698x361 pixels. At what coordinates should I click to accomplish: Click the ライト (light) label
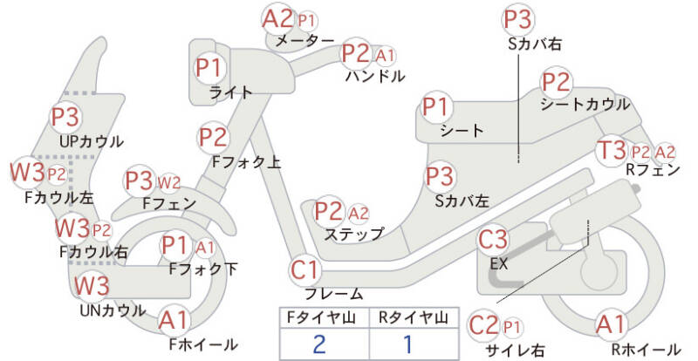230,92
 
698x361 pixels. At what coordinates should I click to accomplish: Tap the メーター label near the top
305,41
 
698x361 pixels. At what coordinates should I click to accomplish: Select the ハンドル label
375,76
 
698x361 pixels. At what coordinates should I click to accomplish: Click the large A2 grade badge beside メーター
277,19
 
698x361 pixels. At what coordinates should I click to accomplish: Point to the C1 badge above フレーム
305,269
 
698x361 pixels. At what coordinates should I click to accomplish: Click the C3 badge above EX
493,240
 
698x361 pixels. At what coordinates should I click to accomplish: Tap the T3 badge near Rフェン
612,150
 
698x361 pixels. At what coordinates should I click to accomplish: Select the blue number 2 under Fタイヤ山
319,344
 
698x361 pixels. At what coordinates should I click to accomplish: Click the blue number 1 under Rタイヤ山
407,344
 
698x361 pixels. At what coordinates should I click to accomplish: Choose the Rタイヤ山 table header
413,317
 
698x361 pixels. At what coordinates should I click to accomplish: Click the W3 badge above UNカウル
92,285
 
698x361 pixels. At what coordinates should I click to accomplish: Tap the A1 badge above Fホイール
174,321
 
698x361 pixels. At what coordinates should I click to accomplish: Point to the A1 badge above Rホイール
612,324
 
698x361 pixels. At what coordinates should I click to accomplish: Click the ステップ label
354,234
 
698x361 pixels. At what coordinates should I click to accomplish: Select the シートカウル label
585,104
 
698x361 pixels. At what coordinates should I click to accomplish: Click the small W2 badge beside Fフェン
169,182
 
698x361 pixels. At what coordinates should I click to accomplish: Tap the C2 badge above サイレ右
483,325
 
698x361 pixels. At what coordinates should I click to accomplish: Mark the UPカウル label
92,141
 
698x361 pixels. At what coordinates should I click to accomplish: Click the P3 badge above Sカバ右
518,19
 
